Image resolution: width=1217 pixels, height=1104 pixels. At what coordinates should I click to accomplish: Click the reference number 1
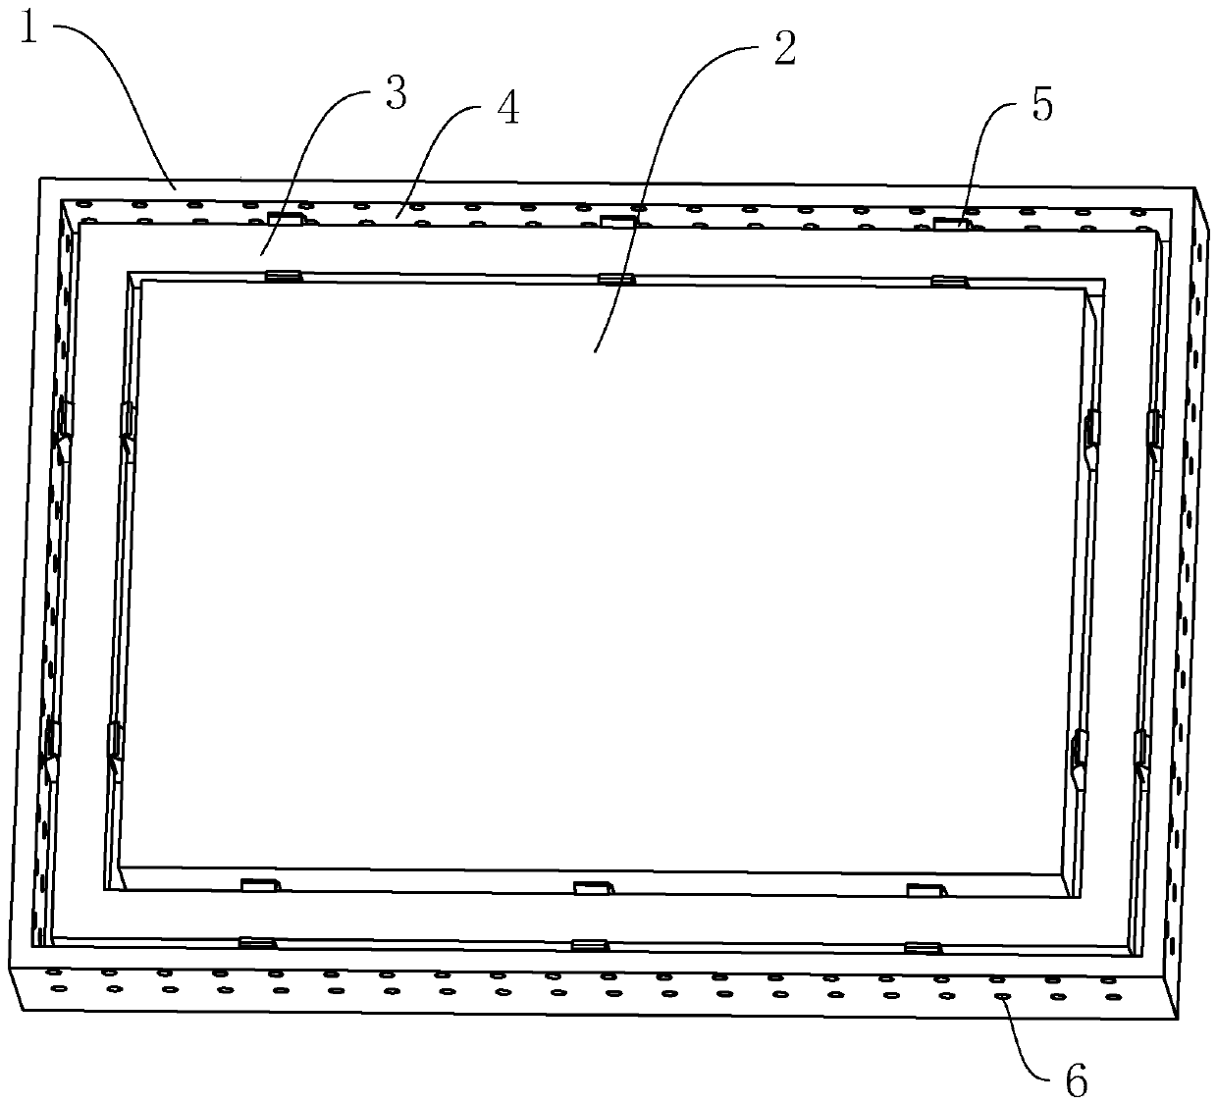coord(28,30)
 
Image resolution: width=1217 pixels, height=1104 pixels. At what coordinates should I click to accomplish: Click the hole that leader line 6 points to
coord(1002,996)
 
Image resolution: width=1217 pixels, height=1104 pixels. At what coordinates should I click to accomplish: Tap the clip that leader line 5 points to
coord(949,224)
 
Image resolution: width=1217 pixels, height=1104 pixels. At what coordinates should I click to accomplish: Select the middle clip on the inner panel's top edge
coord(616,279)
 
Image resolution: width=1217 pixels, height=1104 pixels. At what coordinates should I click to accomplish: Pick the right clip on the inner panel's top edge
coord(948,282)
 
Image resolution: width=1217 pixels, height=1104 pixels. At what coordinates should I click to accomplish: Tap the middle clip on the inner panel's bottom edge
coord(594,888)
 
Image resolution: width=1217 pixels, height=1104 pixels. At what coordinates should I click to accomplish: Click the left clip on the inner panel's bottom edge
coord(261,885)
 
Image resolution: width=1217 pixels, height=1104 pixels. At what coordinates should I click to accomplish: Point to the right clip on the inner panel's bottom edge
coord(926,890)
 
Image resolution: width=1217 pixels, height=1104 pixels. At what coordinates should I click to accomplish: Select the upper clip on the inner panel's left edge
coord(127,423)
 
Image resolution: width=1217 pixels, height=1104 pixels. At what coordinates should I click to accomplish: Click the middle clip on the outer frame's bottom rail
coord(590,945)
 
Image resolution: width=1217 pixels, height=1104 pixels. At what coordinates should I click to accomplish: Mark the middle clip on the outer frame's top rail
coord(617,221)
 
